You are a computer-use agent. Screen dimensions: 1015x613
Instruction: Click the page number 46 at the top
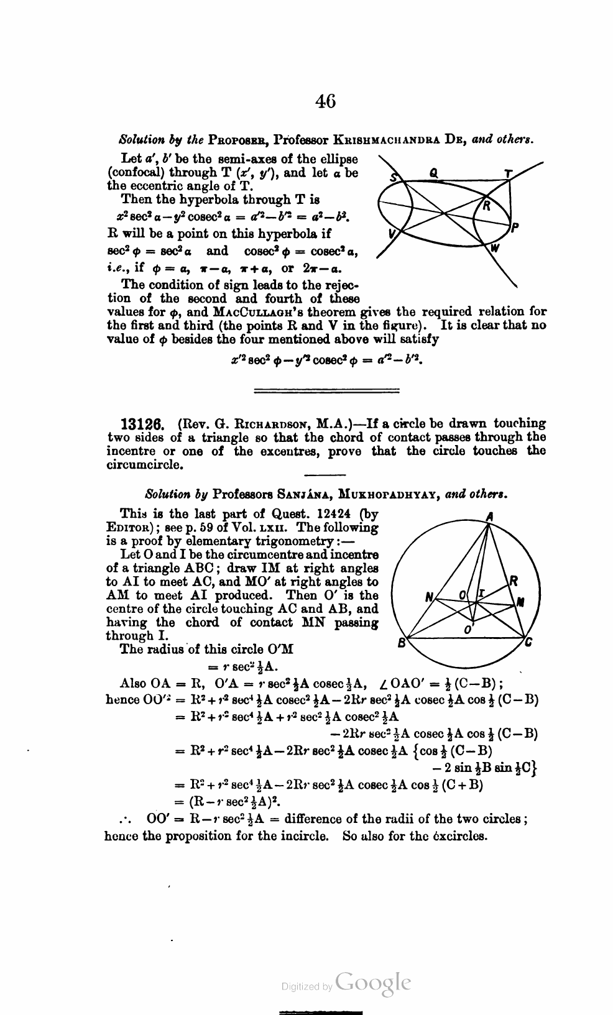pos(325,101)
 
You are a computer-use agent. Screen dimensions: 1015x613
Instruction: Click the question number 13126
pos(141,425)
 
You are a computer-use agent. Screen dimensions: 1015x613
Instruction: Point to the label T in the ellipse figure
pos(509,175)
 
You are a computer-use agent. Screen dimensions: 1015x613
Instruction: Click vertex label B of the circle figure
pos(402,643)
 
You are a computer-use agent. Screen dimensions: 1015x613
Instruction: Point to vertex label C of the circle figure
pos(528,643)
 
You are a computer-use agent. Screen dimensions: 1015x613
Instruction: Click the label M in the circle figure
pos(521,601)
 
